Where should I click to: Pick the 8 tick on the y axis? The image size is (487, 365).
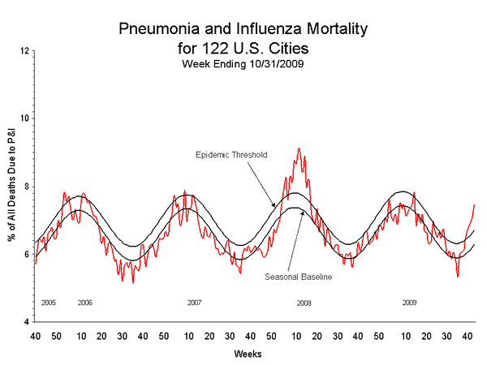pos(27,187)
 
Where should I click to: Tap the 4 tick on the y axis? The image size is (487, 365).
pos(27,323)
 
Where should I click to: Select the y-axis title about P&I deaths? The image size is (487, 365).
pos(11,187)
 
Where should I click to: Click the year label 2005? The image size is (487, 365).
pos(48,303)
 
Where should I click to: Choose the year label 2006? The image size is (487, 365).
pos(84,303)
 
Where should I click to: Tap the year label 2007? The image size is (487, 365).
pos(194,303)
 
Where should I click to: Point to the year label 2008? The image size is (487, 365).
pos(304,303)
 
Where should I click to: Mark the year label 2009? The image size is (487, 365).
pos(411,303)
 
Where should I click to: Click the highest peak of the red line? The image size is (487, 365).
pos(299,148)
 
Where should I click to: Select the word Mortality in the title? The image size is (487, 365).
pos(330,30)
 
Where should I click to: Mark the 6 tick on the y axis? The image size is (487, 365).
pos(27,255)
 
